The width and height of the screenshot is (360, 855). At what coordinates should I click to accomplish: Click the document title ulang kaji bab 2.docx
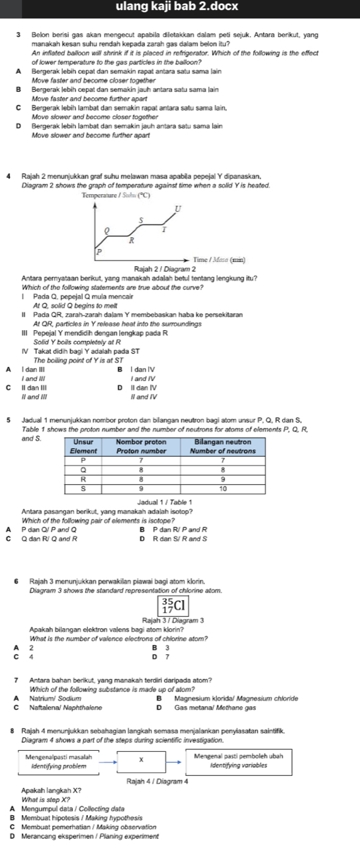point(180,7)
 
